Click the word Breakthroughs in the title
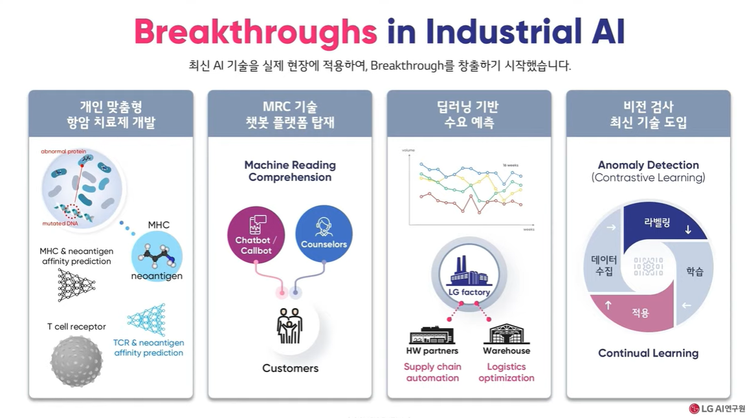point(256,31)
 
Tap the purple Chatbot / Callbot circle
point(256,235)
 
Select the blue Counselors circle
point(324,234)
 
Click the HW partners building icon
point(432,335)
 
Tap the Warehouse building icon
point(506,334)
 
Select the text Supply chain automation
point(432,372)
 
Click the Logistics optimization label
point(506,372)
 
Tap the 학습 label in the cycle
point(695,272)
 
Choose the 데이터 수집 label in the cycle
point(604,265)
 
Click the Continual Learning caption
point(648,353)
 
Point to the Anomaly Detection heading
point(648,165)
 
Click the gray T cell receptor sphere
point(76,361)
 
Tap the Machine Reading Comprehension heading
point(290,171)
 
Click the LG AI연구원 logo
point(717,408)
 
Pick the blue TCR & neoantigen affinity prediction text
point(149,347)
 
